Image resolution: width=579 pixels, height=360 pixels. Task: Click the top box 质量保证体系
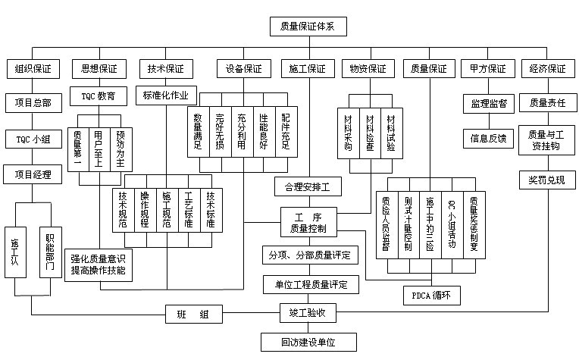point(308,27)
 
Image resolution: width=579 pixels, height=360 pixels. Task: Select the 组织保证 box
point(33,68)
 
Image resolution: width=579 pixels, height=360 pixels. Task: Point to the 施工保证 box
point(307,68)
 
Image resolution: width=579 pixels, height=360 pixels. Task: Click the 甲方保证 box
point(487,68)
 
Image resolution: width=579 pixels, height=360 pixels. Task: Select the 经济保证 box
point(547,68)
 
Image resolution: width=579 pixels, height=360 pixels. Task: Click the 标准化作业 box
point(166,96)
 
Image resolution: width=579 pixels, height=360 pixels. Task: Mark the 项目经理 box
point(33,175)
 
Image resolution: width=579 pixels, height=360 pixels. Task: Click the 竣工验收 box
point(307,311)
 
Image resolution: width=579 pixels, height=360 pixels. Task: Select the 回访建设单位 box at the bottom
point(307,343)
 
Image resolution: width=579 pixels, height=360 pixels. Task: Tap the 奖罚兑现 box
point(547,180)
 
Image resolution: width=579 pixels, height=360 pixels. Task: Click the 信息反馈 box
point(487,139)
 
